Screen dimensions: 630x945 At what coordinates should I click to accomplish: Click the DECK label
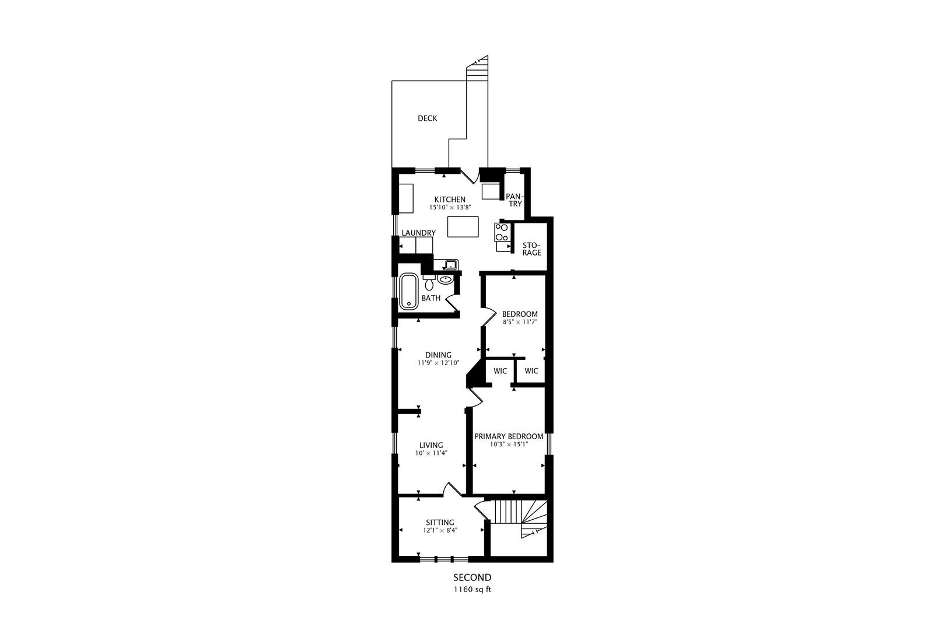point(427,118)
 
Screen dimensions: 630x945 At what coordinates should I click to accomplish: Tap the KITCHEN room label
point(450,199)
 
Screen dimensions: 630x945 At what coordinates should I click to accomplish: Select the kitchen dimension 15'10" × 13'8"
point(450,208)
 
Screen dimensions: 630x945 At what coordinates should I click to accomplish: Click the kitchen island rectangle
point(463,226)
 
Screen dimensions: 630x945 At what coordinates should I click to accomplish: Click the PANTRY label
point(514,200)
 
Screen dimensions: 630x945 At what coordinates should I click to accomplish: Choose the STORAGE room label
point(531,249)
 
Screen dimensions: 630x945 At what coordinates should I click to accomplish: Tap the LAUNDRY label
point(418,233)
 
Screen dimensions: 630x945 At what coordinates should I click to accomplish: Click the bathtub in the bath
point(409,291)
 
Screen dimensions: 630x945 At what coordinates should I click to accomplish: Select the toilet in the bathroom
point(429,284)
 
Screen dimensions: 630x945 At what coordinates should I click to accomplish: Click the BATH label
point(431,298)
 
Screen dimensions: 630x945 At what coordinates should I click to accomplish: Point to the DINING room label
point(438,355)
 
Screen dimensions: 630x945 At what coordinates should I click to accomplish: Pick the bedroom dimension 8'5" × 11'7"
point(520,321)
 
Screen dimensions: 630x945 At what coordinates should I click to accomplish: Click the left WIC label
point(500,371)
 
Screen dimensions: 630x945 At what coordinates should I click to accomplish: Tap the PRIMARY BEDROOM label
point(509,436)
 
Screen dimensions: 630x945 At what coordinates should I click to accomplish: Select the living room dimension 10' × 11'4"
point(430,453)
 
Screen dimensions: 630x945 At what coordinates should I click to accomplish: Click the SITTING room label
point(440,522)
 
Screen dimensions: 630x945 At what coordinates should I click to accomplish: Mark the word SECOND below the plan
point(473,577)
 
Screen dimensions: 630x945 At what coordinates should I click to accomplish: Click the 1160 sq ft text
point(473,589)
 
